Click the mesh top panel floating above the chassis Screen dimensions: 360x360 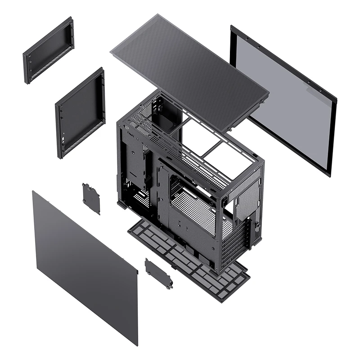pyautogui.click(x=189, y=72)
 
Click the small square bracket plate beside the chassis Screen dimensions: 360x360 pyautogui.click(x=91, y=198)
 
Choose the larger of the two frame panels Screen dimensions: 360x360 pyautogui.click(x=80, y=112)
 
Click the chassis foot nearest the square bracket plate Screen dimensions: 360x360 pyautogui.click(x=121, y=205)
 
